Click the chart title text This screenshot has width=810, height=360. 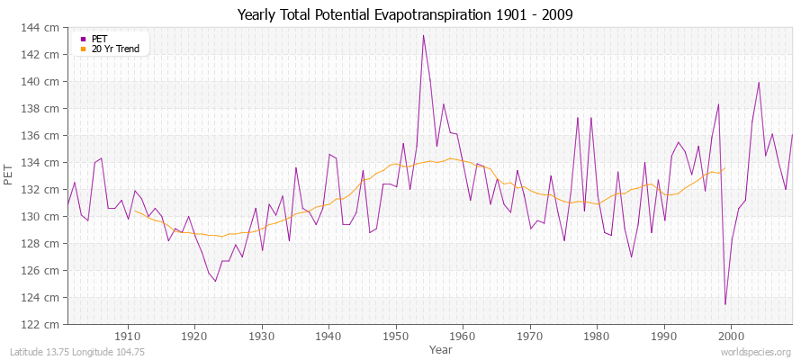404,14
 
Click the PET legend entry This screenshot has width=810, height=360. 99,39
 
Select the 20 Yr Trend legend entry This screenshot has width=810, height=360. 115,49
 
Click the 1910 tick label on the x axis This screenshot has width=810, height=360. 128,336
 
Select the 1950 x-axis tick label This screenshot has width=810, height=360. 396,336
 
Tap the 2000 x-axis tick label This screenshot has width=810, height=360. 731,336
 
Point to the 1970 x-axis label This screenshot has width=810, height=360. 530,336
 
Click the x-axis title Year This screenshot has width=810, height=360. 441,348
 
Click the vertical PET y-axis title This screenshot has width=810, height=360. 10,176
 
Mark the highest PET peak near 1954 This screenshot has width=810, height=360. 423,36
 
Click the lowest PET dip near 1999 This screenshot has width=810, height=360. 724,304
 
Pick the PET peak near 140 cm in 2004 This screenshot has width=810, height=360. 759,83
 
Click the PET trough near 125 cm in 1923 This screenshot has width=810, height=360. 215,281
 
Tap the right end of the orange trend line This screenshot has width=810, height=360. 724,168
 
